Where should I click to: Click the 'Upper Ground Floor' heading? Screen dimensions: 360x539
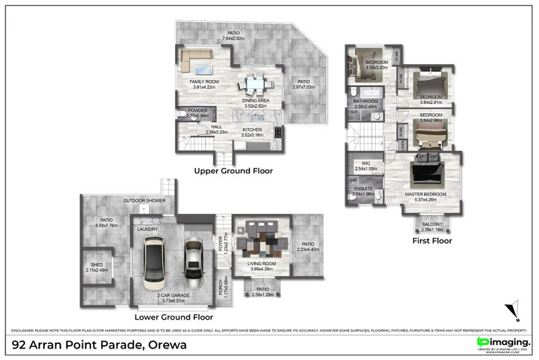(x=233, y=171)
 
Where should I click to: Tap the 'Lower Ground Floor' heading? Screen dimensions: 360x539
(x=174, y=316)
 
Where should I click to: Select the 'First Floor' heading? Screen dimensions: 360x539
(x=433, y=240)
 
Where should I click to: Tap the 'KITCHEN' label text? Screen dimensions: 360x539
(x=252, y=129)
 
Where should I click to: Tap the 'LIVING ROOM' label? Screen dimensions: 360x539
(x=260, y=264)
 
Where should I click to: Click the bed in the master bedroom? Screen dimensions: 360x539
(x=426, y=170)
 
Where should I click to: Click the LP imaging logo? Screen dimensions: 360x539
(x=502, y=344)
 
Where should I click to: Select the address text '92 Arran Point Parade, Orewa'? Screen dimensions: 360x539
(x=100, y=344)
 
